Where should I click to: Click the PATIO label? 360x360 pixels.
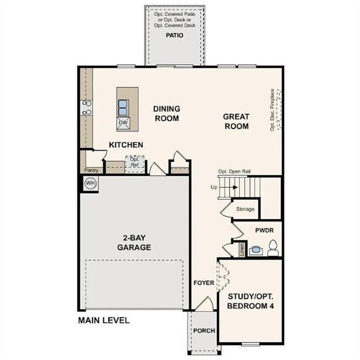pos(175,35)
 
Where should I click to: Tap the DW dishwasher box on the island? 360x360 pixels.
pos(124,123)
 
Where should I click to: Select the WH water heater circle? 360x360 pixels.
pos(91,182)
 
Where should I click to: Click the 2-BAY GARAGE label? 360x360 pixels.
pos(133,242)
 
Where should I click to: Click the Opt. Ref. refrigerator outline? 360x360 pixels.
pos(134,163)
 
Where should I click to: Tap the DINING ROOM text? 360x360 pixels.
pos(166,113)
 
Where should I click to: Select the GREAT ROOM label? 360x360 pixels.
pos(236,121)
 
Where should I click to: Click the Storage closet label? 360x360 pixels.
pos(245,209)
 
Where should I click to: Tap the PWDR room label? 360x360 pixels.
pos(264,230)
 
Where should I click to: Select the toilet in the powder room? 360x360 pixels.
pos(272,247)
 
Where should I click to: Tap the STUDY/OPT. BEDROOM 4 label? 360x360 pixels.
pos(250,302)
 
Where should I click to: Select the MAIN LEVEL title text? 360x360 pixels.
pos(104,320)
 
